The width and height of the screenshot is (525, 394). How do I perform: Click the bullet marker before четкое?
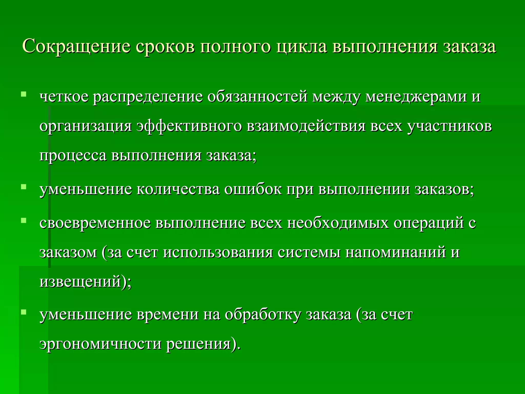(24, 94)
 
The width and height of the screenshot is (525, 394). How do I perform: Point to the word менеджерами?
(416, 97)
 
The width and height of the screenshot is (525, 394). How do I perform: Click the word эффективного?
(189, 126)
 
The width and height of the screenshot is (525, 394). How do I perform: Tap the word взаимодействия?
(306, 126)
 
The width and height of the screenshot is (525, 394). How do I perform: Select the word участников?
(449, 126)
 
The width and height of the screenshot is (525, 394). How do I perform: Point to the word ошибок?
(253, 190)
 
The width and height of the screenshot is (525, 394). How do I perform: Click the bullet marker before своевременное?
(24, 220)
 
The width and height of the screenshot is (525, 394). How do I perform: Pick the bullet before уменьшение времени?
(24, 312)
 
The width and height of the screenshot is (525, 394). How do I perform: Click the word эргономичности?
(100, 344)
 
